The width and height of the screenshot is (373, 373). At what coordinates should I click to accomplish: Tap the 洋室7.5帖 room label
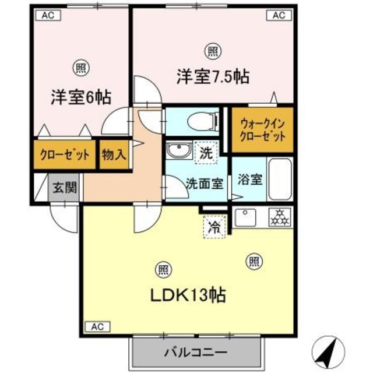pyautogui.click(x=213, y=76)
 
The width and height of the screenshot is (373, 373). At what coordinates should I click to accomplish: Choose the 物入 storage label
pyautogui.click(x=114, y=155)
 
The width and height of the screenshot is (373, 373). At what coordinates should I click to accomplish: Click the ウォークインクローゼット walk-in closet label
pyautogui.click(x=262, y=131)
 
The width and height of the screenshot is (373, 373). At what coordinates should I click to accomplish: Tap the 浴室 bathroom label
pyautogui.click(x=249, y=180)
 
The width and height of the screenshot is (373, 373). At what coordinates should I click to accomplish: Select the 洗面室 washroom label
pyautogui.click(x=204, y=183)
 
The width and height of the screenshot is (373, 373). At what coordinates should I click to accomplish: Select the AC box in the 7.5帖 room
pyautogui.click(x=278, y=16)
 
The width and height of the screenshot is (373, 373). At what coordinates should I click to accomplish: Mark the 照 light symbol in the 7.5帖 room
pyautogui.click(x=213, y=52)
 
